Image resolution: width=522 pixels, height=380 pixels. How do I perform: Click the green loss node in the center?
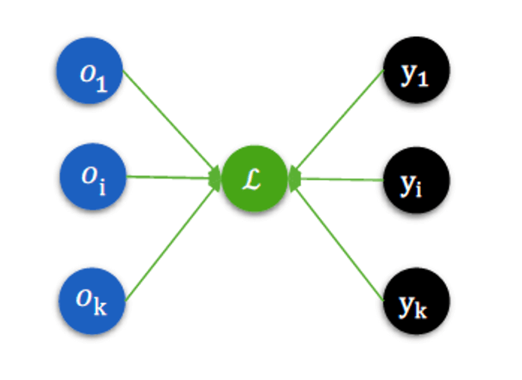pyautogui.click(x=254, y=181)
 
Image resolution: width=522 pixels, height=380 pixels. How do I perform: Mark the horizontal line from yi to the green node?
pyautogui.click(x=343, y=179)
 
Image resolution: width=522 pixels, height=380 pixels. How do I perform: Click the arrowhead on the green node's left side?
pyautogui.click(x=216, y=179)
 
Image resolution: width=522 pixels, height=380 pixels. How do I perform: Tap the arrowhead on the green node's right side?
pyautogui.click(x=294, y=179)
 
